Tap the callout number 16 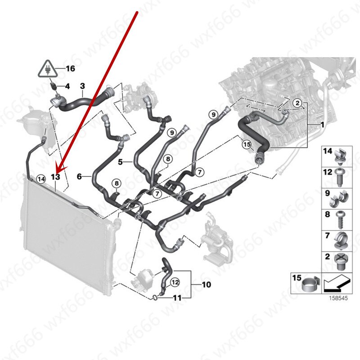[x=70, y=69]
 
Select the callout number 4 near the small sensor [x=67, y=85]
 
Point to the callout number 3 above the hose [x=82, y=85]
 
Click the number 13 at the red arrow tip [x=55, y=177]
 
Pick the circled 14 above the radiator [x=41, y=179]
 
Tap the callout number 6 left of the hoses [x=79, y=177]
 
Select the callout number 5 [x=121, y=161]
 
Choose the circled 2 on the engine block [x=297, y=103]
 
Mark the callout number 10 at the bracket [x=206, y=285]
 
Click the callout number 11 [x=177, y=297]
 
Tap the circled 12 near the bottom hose [x=175, y=282]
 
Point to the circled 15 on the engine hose [x=247, y=144]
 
